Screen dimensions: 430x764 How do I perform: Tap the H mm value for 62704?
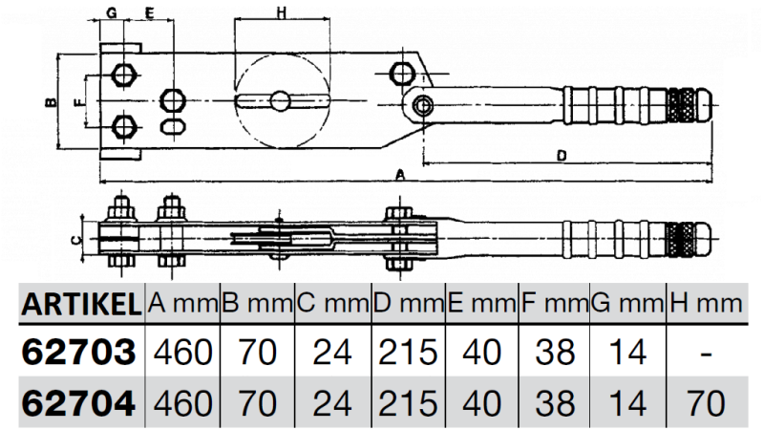click(x=708, y=402)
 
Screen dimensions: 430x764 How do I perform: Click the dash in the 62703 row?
click(x=708, y=354)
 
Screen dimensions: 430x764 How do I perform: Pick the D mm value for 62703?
click(x=407, y=353)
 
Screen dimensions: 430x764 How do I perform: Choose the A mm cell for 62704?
click(x=181, y=402)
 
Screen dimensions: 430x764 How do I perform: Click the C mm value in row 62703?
click(x=332, y=353)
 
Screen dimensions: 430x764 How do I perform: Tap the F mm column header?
click(x=555, y=306)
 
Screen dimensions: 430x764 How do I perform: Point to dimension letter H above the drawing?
click(x=281, y=12)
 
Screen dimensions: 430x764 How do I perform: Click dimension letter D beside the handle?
click(x=562, y=154)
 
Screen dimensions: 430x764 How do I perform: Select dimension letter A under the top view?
click(x=401, y=175)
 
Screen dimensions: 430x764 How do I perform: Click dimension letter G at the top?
click(x=112, y=12)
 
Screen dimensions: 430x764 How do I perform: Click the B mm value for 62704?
click(x=257, y=402)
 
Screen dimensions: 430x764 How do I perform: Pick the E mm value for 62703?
click(x=481, y=353)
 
